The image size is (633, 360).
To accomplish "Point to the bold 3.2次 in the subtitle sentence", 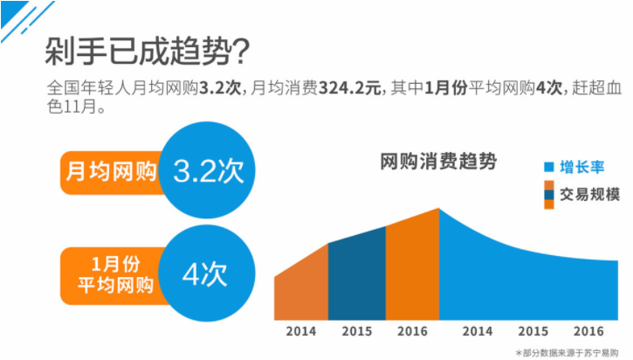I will (x=216, y=89).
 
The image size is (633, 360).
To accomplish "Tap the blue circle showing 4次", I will (x=204, y=273).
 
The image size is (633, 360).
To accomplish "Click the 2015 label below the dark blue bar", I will (x=356, y=333).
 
